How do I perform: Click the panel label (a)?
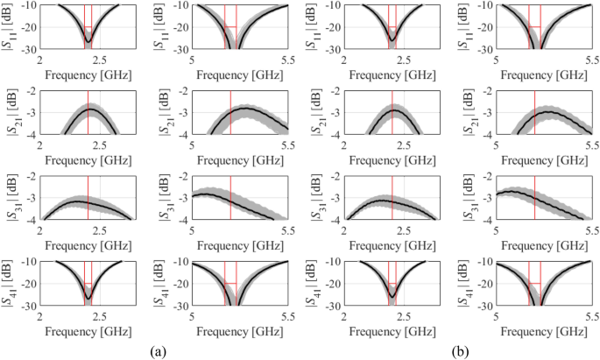(158, 350)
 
